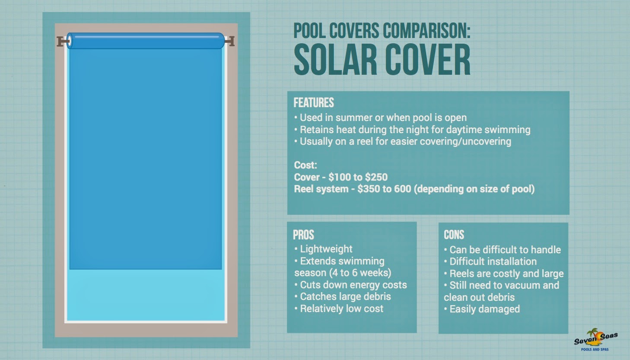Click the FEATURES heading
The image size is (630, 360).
(x=314, y=103)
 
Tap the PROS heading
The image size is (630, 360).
(x=303, y=235)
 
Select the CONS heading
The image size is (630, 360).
(x=454, y=235)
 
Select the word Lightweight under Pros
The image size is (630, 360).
(x=326, y=249)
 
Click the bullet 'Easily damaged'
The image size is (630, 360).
(x=484, y=309)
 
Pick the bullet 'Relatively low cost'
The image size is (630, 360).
(x=341, y=309)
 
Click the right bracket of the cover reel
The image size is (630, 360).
(x=230, y=41)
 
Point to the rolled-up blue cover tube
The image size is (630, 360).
(x=146, y=41)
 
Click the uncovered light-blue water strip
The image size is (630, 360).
(x=146, y=295)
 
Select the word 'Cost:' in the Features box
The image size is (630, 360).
(x=305, y=165)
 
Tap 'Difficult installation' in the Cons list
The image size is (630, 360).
(x=493, y=261)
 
